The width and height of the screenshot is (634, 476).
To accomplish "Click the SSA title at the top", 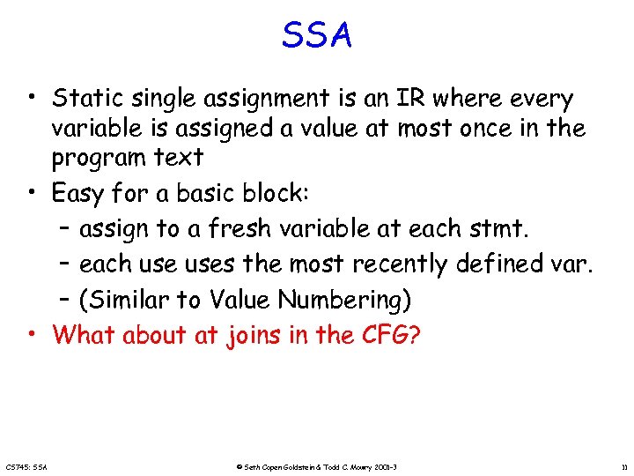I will (317, 36).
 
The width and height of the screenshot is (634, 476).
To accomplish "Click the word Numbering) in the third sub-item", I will (344, 300).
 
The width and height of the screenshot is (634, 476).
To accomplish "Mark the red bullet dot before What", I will (31, 334).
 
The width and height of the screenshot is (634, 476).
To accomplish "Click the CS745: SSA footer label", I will (26, 465).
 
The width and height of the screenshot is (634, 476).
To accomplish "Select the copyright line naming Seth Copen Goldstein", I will (318, 465).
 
